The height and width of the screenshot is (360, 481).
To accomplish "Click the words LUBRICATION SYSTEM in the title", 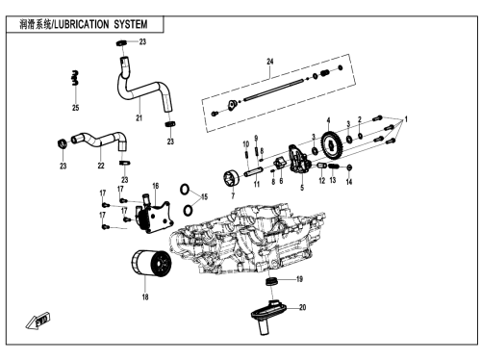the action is pyautogui.click(x=101, y=24).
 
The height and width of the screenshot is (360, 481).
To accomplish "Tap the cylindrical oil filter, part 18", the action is pyautogui.click(x=151, y=263).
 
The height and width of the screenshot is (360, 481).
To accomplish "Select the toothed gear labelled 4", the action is pyautogui.click(x=332, y=145).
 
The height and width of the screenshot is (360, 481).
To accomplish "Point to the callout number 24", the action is pyautogui.click(x=270, y=62).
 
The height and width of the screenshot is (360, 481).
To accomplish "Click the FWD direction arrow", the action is pyautogui.click(x=38, y=321).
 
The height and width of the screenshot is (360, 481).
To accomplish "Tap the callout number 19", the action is pyautogui.click(x=299, y=279).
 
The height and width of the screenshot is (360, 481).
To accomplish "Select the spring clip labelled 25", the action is pyautogui.click(x=75, y=78).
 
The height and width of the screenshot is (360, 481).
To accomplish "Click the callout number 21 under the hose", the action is pyautogui.click(x=139, y=118).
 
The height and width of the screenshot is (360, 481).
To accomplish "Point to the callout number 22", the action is pyautogui.click(x=101, y=166).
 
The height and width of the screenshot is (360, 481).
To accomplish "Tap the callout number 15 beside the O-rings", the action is pyautogui.click(x=204, y=196).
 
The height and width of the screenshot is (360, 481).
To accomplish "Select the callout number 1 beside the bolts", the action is pyautogui.click(x=406, y=119).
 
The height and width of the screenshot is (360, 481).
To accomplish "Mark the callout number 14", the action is pyautogui.click(x=349, y=182).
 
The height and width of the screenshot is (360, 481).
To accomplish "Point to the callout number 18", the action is pyautogui.click(x=145, y=297).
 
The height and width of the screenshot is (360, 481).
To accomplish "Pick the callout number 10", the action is pyautogui.click(x=246, y=144).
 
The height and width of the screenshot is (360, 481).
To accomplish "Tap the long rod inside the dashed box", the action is pyautogui.click(x=274, y=90).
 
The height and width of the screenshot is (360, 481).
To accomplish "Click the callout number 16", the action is pyautogui.click(x=156, y=186).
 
